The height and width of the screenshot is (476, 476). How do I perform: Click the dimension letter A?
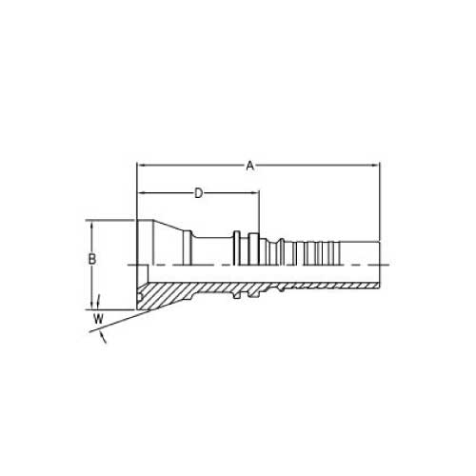[250, 166]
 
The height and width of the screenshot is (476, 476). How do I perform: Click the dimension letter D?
[198, 193]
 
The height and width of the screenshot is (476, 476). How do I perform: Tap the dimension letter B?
[91, 259]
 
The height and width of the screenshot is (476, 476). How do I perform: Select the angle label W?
[98, 319]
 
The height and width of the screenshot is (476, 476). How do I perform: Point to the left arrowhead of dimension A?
[141, 166]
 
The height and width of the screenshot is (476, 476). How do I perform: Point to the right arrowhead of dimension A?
[375, 166]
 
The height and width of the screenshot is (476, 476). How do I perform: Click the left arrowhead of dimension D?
[141, 192]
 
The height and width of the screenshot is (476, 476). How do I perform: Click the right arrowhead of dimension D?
[255, 192]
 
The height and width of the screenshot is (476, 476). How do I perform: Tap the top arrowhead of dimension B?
[91, 225]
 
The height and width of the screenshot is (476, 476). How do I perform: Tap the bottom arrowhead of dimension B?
[91, 306]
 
